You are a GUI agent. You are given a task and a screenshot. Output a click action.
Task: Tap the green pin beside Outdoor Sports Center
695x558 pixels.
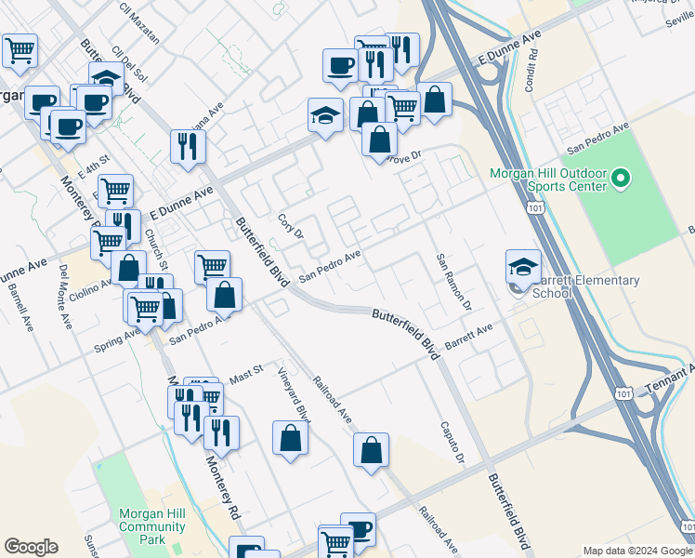[623, 176]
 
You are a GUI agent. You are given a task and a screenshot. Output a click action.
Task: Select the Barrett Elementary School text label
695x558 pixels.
[587, 286]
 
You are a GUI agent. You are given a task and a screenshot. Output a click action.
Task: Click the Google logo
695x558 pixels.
[31, 547]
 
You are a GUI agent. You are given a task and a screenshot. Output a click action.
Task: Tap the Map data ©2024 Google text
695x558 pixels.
[636, 551]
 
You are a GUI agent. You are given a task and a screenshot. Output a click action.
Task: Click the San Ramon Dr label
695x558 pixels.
[453, 282]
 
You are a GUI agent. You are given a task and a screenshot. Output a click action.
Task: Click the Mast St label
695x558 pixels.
[246, 375]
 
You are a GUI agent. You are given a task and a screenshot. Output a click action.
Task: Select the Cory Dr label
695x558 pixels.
[291, 228]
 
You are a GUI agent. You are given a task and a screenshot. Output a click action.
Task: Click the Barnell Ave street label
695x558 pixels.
[19, 301]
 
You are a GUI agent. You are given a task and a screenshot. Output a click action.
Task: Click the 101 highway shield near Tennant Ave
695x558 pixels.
[623, 394]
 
